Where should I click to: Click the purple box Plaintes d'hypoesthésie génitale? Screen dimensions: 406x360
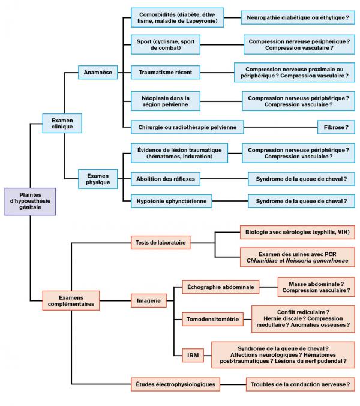click(31, 201)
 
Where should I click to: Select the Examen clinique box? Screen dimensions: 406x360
click(62, 123)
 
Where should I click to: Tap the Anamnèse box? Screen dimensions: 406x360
click(98, 73)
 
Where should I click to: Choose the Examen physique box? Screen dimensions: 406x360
click(98, 178)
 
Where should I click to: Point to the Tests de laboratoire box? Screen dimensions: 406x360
click(160, 243)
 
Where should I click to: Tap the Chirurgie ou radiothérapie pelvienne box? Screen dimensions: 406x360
click(187, 127)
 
